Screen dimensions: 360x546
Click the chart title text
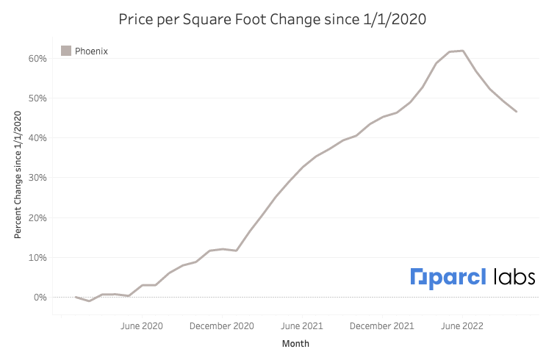[273, 18]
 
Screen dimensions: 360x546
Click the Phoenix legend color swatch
[66, 51]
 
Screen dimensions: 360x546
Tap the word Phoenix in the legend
[91, 51]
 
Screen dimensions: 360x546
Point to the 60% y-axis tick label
[39, 58]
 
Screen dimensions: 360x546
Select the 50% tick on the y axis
[39, 98]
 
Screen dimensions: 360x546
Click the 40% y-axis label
[39, 138]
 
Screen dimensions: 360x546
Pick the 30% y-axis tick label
[39, 178]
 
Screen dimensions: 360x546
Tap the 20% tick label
[39, 217]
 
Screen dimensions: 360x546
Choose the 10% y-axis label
[39, 257]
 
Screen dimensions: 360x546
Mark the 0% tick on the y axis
[41, 298]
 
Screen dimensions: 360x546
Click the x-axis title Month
[295, 344]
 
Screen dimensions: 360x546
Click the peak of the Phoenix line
[462, 51]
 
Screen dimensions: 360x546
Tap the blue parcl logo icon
[417, 277]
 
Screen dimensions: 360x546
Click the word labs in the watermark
[514, 277]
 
